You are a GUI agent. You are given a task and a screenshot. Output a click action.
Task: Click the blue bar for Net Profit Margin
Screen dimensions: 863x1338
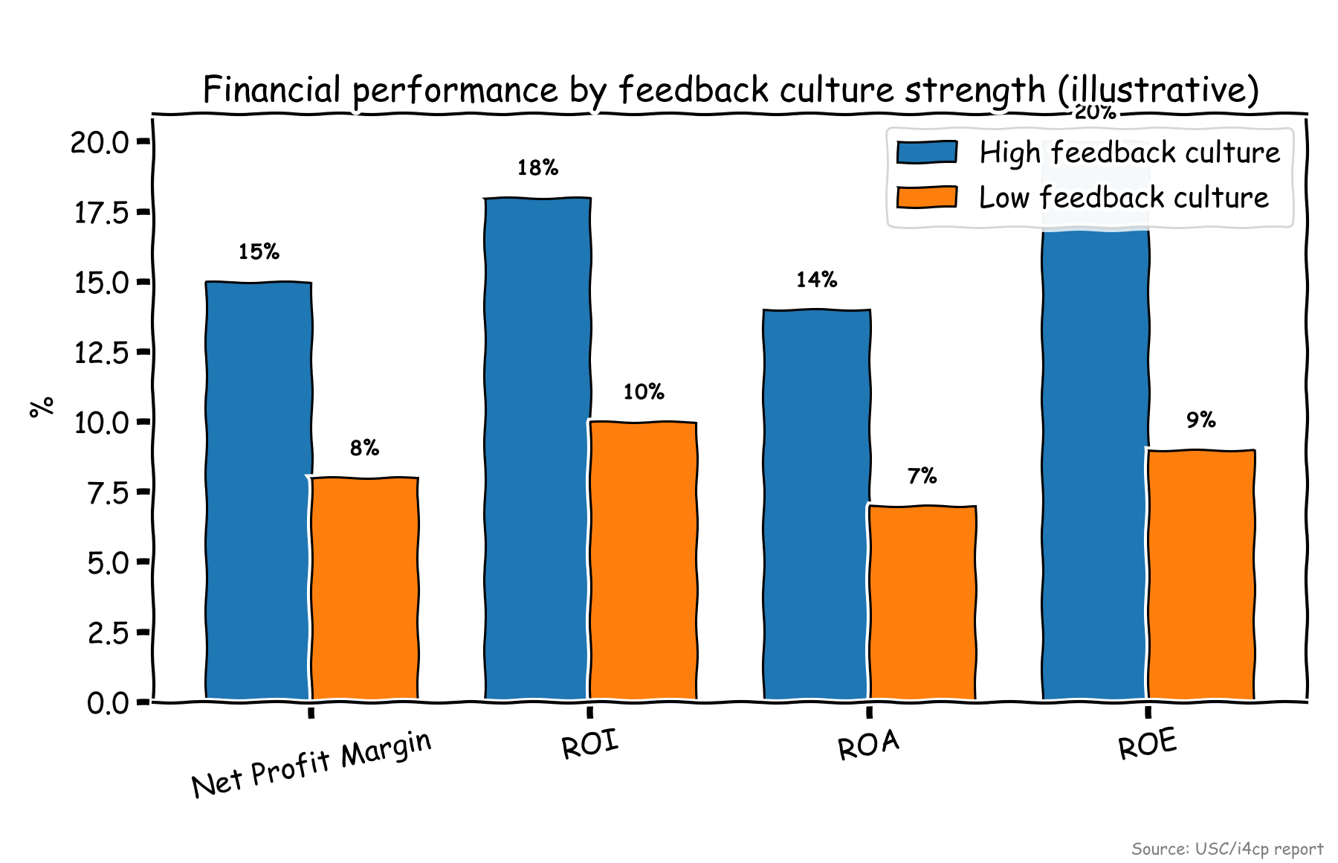pos(258,491)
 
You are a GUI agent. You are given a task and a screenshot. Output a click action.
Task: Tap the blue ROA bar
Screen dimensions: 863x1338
pos(816,506)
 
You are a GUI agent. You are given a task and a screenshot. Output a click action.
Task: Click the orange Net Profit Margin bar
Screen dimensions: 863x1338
pos(364,588)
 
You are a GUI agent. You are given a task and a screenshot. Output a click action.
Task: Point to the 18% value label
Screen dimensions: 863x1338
pos(537,168)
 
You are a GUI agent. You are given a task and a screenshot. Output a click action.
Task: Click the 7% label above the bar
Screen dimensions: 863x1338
pos(922,476)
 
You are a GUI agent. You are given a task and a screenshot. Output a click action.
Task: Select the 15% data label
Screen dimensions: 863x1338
pos(259,252)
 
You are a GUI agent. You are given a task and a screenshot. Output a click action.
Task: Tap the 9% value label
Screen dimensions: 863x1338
pos(1200,420)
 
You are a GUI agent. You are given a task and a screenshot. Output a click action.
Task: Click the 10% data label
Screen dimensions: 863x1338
pos(643,392)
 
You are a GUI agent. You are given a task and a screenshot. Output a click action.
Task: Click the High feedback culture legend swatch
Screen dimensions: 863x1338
pos(926,153)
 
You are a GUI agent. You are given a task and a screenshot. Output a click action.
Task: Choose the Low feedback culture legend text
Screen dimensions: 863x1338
pos(1123,198)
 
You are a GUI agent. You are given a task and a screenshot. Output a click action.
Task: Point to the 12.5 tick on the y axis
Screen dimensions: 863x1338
pos(102,353)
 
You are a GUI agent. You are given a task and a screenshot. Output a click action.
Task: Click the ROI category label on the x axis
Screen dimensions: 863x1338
pos(590,745)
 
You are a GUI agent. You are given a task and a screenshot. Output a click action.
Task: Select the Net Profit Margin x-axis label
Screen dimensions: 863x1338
pos(311,764)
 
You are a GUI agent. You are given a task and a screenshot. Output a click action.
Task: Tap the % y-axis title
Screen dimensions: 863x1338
pos(42,407)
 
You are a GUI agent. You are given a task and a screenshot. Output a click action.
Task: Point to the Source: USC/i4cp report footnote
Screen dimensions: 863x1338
pos(1226,849)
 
